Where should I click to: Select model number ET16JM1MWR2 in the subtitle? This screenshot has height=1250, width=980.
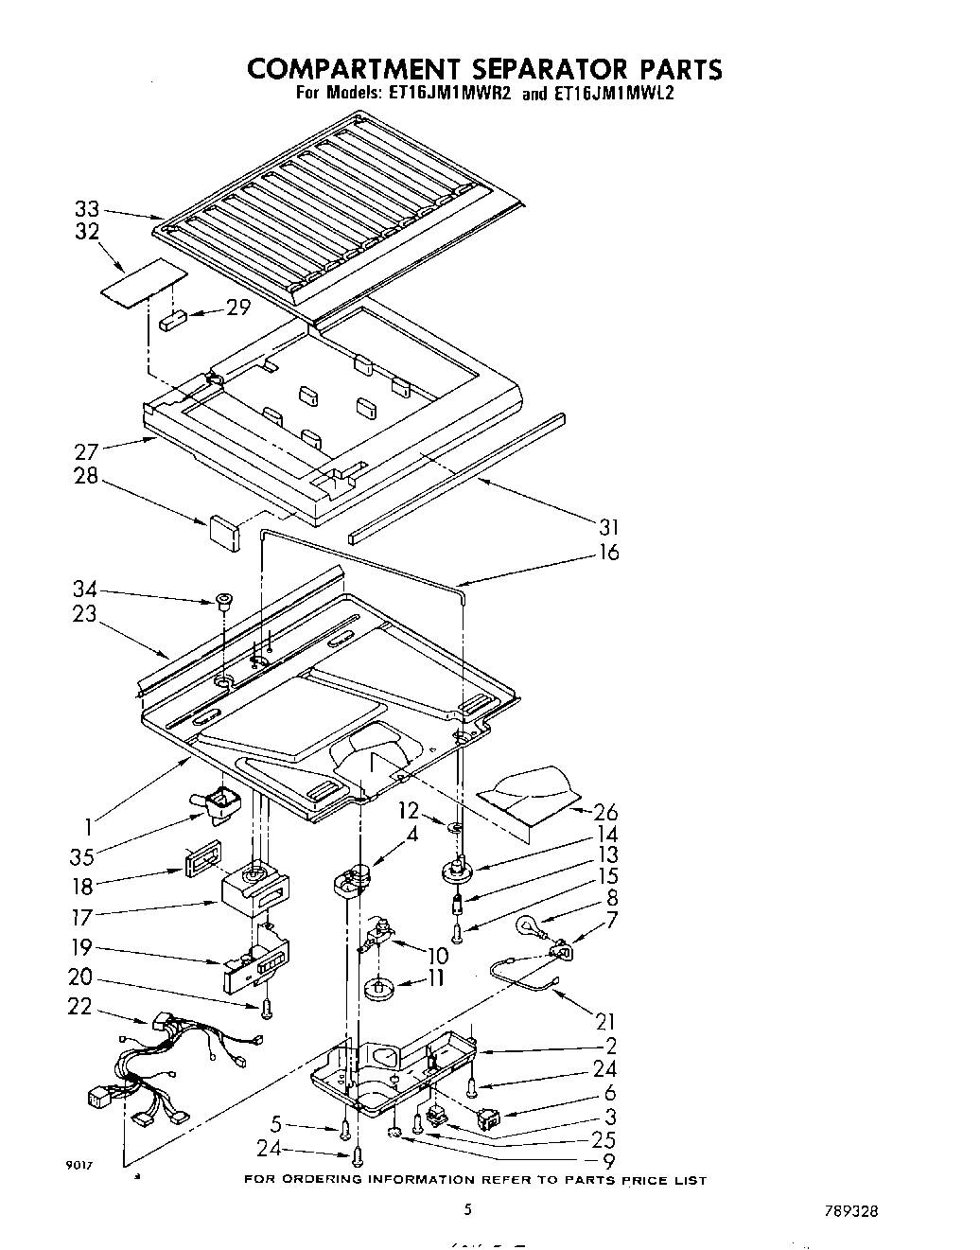coord(442,94)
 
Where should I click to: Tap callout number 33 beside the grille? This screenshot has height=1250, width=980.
coord(87,211)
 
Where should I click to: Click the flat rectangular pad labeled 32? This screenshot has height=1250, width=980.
coord(142,281)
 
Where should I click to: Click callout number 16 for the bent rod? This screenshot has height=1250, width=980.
coord(609,551)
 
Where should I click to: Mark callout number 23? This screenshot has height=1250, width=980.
coord(85,614)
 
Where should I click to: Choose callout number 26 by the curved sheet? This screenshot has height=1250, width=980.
coord(605,812)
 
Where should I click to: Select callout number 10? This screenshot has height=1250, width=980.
coord(438,956)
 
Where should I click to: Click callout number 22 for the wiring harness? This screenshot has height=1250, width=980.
coord(80,1007)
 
